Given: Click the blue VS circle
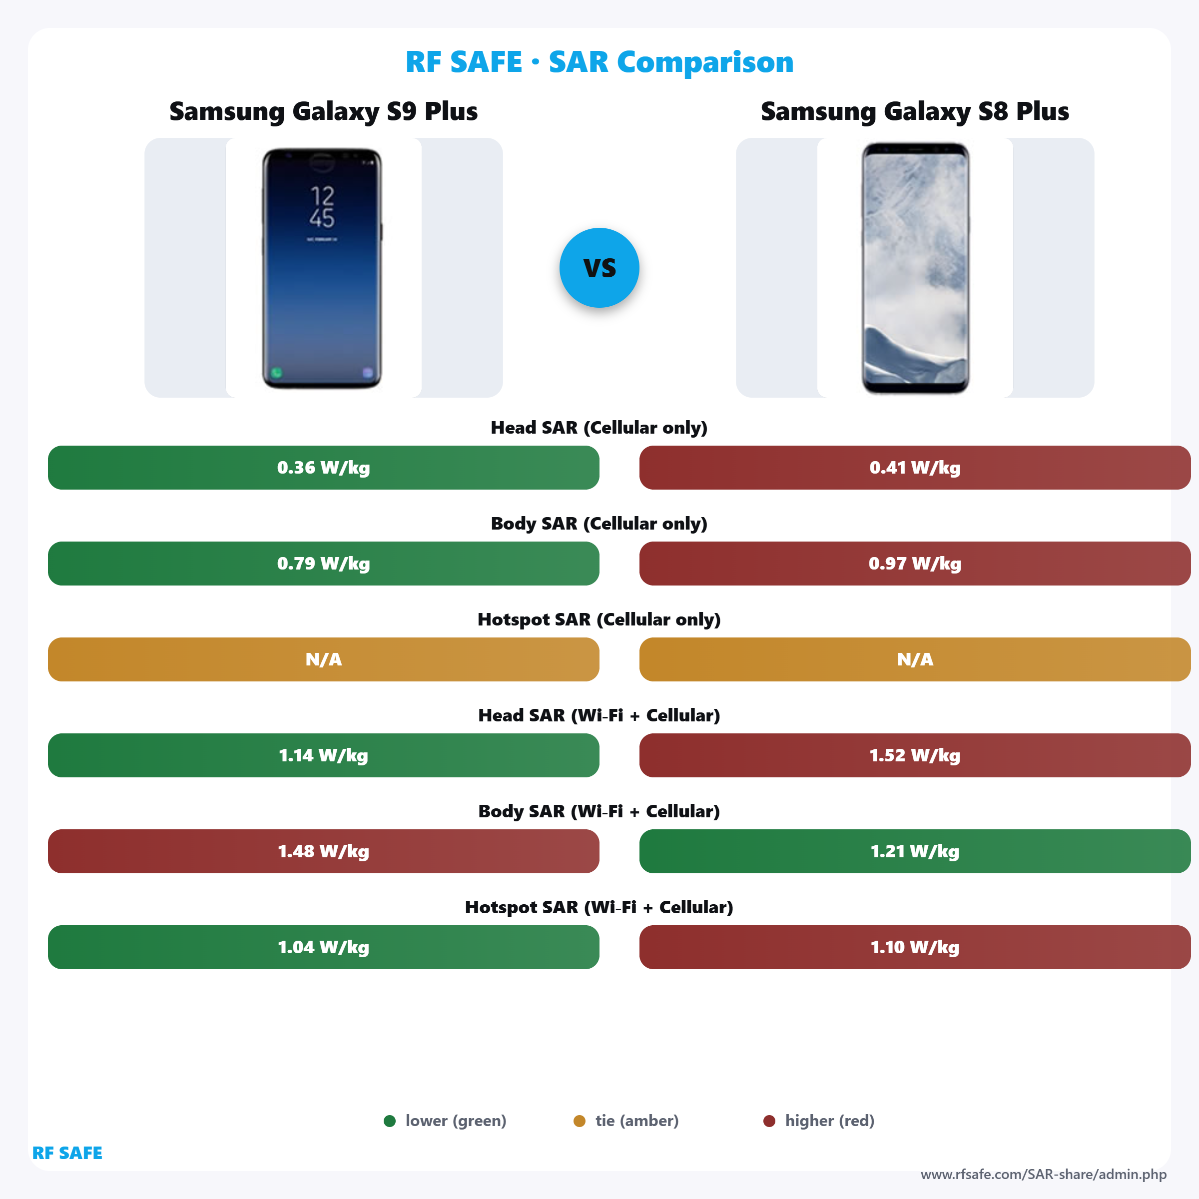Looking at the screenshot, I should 599,267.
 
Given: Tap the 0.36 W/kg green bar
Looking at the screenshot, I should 323,467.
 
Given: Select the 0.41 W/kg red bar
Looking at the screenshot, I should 914,467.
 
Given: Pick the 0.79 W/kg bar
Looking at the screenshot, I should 323,564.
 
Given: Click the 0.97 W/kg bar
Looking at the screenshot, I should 914,564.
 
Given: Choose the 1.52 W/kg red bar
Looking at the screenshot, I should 914,755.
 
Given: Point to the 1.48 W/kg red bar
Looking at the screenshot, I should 323,851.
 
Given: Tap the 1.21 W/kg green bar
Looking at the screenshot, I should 914,851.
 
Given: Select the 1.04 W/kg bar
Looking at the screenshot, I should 323,947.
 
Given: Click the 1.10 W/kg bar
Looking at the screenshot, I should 914,947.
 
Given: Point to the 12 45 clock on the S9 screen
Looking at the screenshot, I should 322,207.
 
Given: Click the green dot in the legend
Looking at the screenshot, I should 390,1121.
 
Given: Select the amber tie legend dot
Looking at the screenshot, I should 580,1121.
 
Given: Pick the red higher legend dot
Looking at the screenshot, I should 769,1121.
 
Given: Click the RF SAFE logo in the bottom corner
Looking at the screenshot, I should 67,1153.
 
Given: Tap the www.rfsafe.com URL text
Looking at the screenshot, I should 1043,1174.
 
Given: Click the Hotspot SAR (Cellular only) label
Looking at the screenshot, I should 599,619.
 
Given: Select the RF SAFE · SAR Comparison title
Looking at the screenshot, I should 599,62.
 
